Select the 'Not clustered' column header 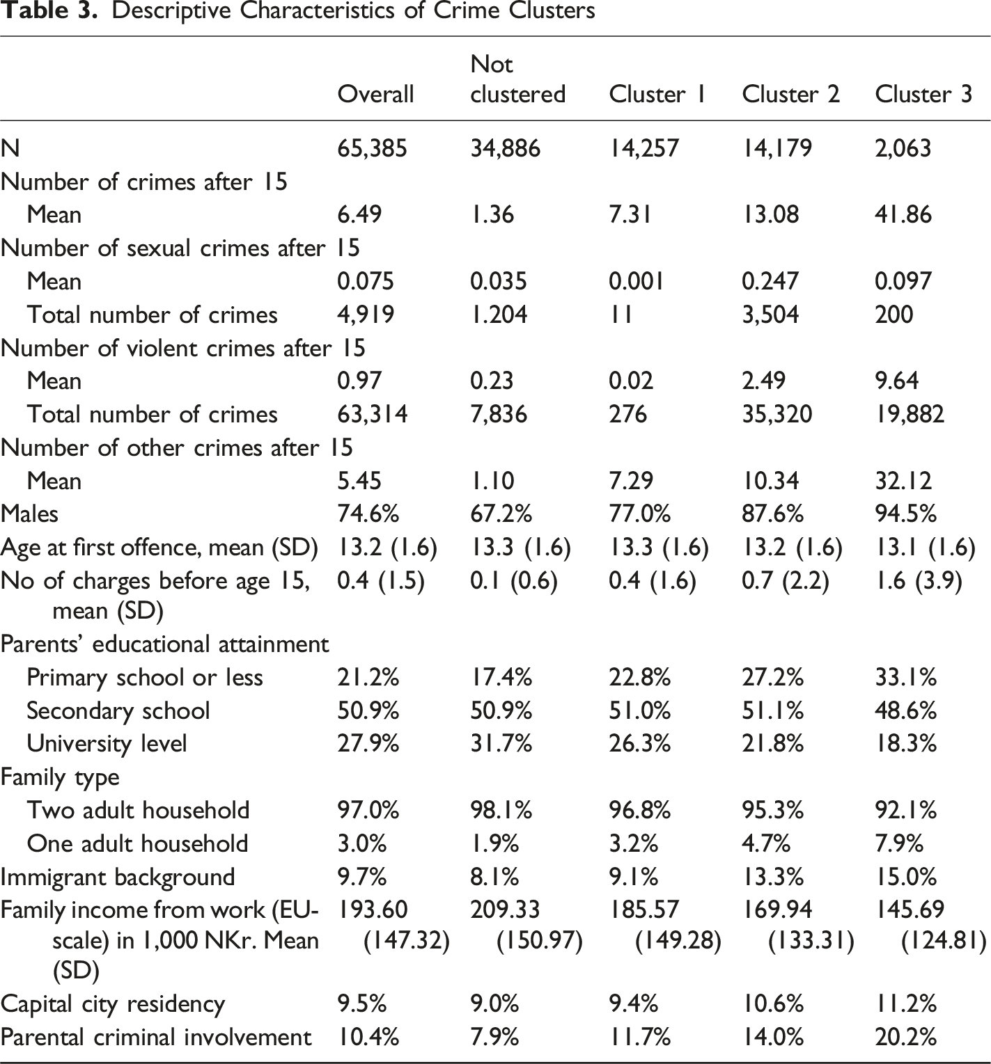coord(517,79)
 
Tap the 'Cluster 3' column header coord(923,94)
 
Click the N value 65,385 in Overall coord(372,148)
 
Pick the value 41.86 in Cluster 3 coord(903,214)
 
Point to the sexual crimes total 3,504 coord(770,315)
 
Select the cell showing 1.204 coord(499,315)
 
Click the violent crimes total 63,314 coord(372,414)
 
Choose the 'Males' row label coord(29,514)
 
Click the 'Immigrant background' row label coord(118,877)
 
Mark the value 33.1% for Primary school coord(905,677)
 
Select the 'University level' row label coord(107,743)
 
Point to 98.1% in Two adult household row coord(501,810)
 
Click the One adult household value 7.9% coord(899,843)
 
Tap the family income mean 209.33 coord(505,910)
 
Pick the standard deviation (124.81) coord(944,941)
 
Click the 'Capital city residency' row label coord(113,1004)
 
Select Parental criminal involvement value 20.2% coord(905,1037)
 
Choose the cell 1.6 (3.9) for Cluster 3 coord(919,581)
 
